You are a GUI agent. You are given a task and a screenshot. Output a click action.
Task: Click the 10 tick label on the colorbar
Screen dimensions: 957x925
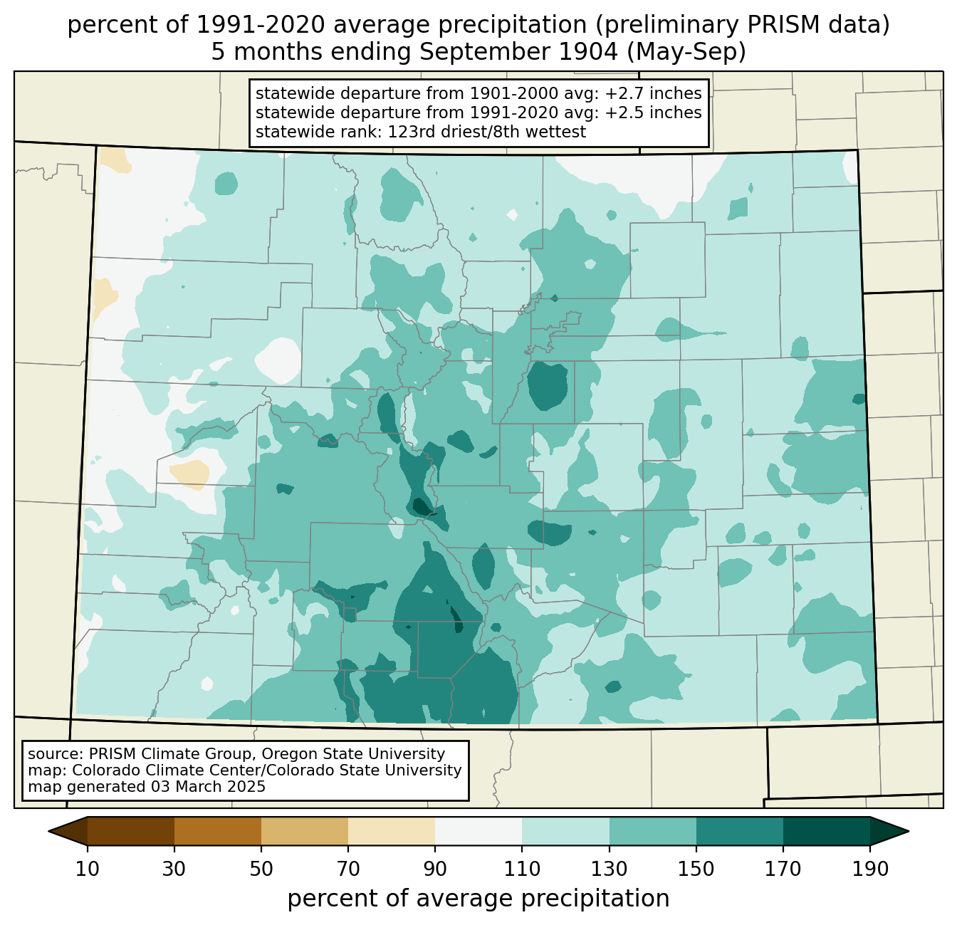87,869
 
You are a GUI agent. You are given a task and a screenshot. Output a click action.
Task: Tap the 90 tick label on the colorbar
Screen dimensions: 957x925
435,869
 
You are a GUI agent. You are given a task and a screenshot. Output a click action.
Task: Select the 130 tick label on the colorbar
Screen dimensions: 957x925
609,869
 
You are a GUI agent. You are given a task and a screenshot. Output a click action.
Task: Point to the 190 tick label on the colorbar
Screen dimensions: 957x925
870,869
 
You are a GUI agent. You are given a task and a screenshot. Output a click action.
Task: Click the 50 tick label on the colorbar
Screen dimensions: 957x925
261,869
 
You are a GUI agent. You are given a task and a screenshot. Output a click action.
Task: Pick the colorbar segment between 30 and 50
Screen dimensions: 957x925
217,831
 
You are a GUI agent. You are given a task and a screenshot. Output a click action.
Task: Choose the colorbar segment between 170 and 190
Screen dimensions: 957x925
826,831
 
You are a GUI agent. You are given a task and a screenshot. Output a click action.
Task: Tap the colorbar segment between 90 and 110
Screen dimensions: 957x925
478,831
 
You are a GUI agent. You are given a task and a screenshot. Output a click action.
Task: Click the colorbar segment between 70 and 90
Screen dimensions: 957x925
392,831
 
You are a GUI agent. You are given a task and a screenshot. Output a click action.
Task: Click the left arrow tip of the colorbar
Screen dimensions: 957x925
48,831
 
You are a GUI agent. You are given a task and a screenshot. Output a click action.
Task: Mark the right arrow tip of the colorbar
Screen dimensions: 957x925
909,831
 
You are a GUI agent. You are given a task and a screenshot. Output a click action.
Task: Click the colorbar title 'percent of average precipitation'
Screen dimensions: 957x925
478,899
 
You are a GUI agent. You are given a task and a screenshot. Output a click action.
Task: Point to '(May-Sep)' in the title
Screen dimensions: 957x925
686,52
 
